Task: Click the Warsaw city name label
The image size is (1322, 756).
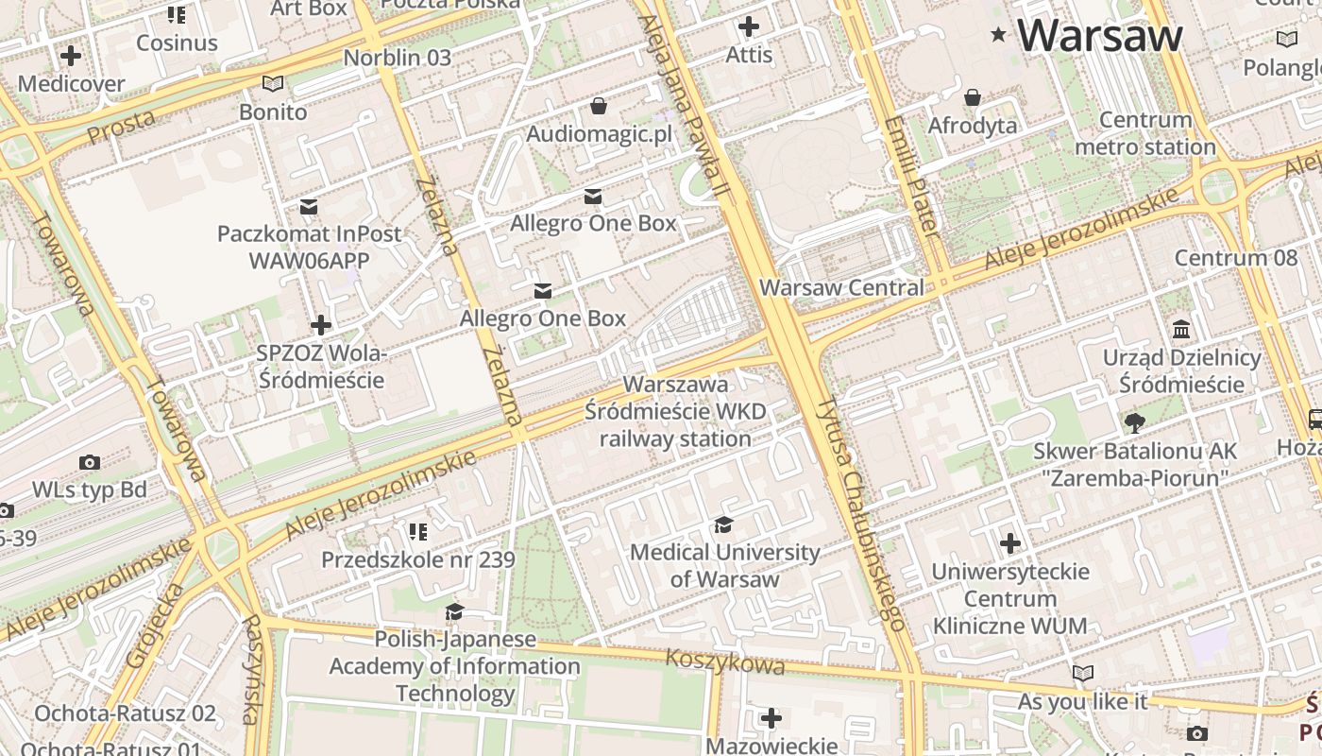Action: point(1099,35)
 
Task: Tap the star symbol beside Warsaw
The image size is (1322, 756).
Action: point(998,35)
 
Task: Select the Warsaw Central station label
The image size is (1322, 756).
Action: point(841,287)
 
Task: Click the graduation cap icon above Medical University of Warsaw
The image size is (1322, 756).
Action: point(723,525)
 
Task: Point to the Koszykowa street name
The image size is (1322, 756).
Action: point(724,661)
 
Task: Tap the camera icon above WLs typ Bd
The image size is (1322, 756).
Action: point(90,462)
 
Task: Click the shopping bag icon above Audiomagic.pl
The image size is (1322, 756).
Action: point(598,105)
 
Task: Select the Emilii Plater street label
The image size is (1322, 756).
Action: point(912,176)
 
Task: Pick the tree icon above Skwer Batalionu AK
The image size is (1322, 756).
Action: point(1134,422)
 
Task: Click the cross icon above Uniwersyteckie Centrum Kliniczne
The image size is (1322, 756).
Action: point(1010,543)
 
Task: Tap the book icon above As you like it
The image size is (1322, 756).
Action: point(1082,673)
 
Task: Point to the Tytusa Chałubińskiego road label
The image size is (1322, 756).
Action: point(861,514)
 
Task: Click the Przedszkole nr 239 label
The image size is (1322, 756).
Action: point(418,559)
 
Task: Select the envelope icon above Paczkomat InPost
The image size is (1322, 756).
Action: point(309,207)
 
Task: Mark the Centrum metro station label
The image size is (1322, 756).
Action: point(1144,133)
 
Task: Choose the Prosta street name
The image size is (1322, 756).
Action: point(121,127)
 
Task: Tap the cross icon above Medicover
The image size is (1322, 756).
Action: point(71,56)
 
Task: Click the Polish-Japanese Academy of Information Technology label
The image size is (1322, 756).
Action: point(454,666)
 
